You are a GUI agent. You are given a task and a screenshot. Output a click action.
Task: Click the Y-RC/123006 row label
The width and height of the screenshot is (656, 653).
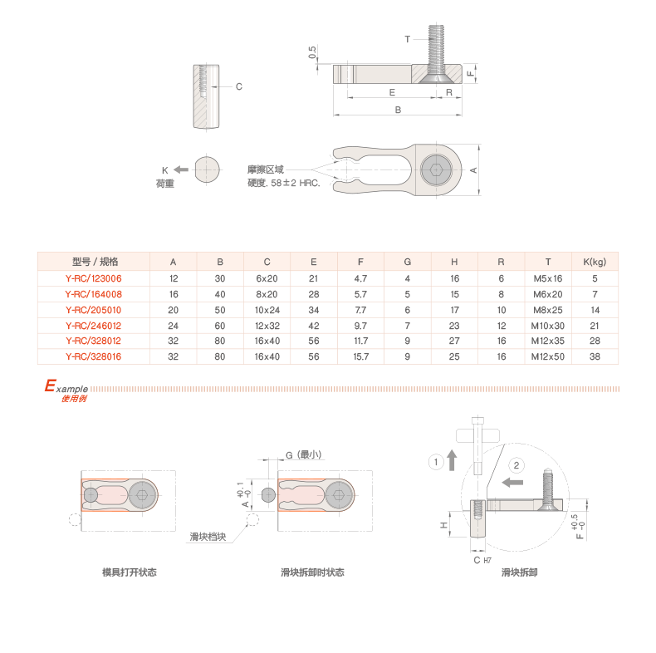pyautogui.click(x=93, y=278)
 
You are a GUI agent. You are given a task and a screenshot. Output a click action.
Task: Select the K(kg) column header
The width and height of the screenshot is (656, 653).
pyautogui.click(x=595, y=262)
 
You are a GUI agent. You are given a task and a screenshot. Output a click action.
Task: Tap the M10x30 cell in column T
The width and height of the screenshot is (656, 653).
pyautogui.click(x=548, y=326)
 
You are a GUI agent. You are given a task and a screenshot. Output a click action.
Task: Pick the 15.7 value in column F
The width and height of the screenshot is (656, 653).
pyautogui.click(x=360, y=356)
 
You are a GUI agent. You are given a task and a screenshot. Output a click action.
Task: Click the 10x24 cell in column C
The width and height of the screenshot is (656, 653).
pyautogui.click(x=267, y=310)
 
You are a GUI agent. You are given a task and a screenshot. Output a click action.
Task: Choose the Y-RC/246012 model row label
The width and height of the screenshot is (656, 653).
pyautogui.click(x=93, y=326)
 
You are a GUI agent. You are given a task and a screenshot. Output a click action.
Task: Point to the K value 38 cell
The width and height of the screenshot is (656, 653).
pyautogui.click(x=595, y=356)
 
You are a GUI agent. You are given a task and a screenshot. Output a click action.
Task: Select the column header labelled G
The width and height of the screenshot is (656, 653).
pyautogui.click(x=408, y=262)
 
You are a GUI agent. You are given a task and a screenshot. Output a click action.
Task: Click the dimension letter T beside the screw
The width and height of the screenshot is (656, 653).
pyautogui.click(x=408, y=39)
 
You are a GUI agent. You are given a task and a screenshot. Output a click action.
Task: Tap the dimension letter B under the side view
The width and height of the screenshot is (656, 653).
pyautogui.click(x=398, y=110)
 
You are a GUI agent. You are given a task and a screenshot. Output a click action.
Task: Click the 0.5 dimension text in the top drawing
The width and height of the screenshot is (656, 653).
pyautogui.click(x=312, y=52)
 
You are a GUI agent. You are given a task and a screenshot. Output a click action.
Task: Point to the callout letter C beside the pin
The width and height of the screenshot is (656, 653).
pyautogui.click(x=238, y=86)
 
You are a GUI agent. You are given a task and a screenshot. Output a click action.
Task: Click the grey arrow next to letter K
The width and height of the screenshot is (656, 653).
pyautogui.click(x=180, y=169)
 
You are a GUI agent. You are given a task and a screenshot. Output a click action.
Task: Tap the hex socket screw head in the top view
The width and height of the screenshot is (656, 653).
pyautogui.click(x=436, y=169)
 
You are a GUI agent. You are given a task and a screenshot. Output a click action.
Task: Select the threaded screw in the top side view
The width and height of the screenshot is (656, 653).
pyautogui.click(x=438, y=50)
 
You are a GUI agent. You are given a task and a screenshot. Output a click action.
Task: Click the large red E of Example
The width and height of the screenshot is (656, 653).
pyautogui.click(x=50, y=386)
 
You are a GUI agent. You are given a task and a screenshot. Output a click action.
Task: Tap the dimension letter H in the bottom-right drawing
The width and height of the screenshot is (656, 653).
pyautogui.click(x=443, y=525)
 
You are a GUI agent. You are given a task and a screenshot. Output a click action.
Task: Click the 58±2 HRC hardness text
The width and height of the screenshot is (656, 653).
pyautogui.click(x=284, y=183)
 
